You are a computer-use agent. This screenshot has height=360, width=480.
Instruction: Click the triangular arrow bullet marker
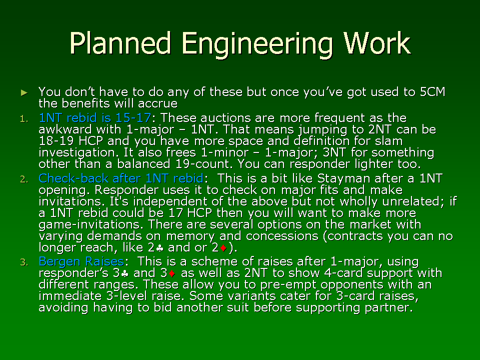click(x=24, y=92)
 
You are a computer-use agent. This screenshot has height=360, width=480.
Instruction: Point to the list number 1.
click(x=24, y=119)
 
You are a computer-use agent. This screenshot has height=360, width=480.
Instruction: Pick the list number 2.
click(x=24, y=179)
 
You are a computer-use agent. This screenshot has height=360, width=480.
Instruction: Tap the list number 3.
click(x=24, y=262)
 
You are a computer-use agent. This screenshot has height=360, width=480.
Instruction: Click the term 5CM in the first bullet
click(x=432, y=92)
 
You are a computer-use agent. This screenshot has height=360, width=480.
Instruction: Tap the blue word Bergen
click(x=59, y=261)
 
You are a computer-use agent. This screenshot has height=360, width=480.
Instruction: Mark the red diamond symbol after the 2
click(x=223, y=248)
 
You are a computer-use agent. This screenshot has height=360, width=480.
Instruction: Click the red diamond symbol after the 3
click(x=171, y=273)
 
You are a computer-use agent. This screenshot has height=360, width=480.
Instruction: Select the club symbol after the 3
click(x=124, y=273)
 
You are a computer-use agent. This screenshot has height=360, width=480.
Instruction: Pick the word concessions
click(x=282, y=236)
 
